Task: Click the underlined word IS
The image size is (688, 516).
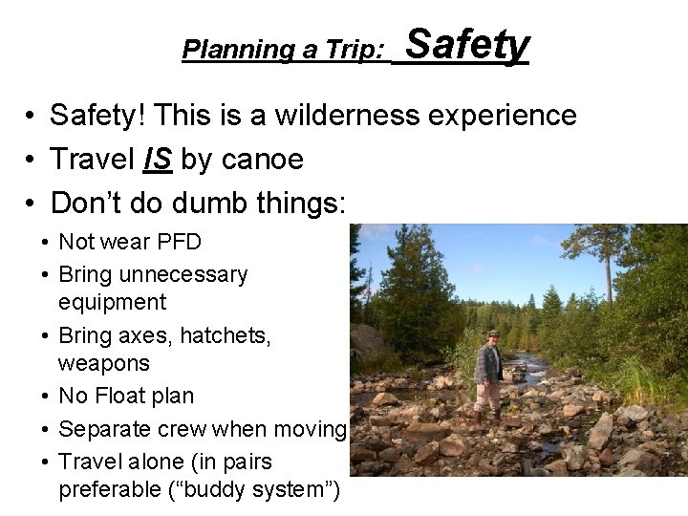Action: [157, 161]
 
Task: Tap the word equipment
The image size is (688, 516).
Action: [112, 302]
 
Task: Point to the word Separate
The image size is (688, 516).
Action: [100, 431]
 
